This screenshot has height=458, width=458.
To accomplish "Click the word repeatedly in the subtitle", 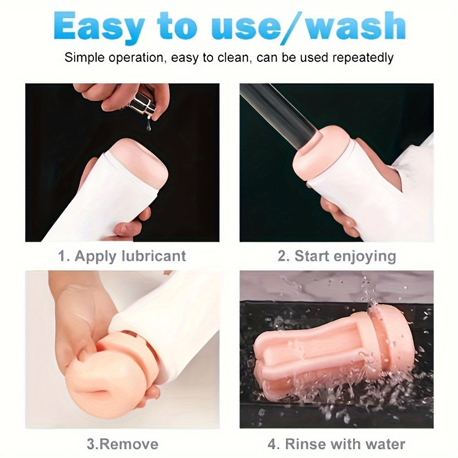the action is click(363, 58).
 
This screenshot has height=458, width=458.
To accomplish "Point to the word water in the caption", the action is click(386, 444).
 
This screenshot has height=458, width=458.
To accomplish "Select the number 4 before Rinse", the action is click(272, 444).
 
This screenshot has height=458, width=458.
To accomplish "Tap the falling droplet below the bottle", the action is click(149, 126).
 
